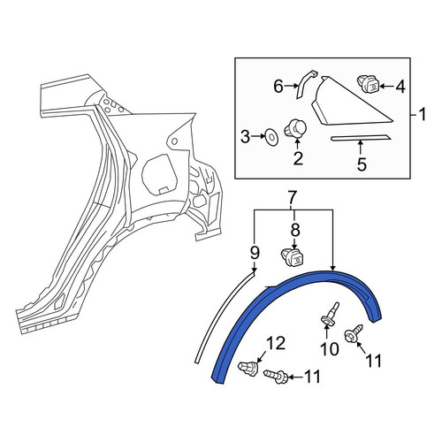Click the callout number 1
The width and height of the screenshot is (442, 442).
[423, 114]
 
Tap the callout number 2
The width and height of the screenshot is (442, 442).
[298, 158]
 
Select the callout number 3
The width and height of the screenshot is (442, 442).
[246, 137]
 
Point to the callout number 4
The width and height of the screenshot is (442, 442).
[400, 87]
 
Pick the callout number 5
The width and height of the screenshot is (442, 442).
[362, 164]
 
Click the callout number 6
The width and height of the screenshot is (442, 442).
[278, 87]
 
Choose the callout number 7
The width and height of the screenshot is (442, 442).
[292, 198]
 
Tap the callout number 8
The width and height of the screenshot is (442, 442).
[295, 230]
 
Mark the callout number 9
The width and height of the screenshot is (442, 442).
[255, 253]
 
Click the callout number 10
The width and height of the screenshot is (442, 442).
[330, 349]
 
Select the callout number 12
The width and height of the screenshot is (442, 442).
[277, 343]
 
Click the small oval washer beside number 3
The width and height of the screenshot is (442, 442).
[271, 137]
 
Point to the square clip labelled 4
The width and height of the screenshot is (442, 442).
[368, 83]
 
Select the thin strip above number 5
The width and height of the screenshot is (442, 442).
[361, 138]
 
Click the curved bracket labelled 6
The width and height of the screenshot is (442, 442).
[305, 85]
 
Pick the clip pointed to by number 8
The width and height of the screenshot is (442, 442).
[293, 257]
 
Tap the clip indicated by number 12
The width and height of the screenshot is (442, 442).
[248, 368]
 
